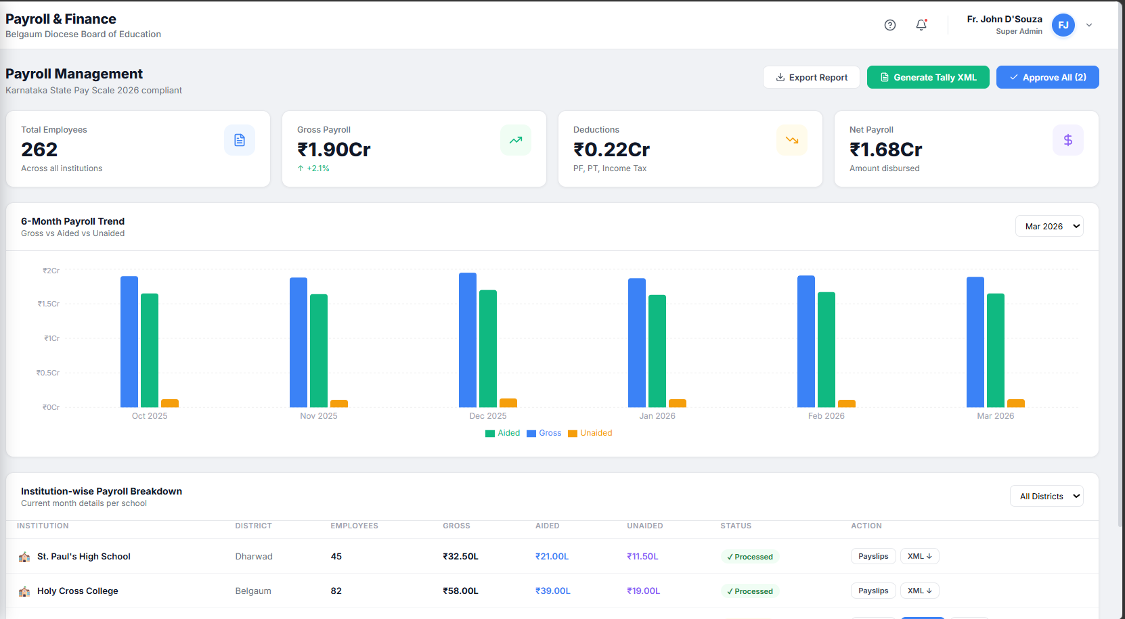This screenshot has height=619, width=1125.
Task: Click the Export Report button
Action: (811, 77)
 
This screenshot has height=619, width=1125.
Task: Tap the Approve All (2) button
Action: (1048, 77)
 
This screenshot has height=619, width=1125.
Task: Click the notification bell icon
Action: (921, 25)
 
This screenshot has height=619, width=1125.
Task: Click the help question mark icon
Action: (890, 25)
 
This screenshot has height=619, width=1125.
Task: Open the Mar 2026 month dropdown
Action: (1049, 227)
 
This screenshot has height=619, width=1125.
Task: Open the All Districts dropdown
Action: (1046, 496)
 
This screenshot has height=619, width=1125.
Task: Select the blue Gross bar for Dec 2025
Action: (468, 340)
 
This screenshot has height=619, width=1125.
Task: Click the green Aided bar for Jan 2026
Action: (657, 351)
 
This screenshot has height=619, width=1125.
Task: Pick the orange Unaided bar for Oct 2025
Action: (170, 403)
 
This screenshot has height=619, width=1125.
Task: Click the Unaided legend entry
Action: (590, 433)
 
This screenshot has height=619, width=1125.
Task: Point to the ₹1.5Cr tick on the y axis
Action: (49, 304)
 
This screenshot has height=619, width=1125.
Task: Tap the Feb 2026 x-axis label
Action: (826, 415)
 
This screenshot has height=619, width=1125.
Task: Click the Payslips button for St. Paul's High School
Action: (873, 556)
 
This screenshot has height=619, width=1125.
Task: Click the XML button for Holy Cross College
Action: (920, 591)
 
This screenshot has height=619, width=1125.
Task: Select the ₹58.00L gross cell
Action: (460, 591)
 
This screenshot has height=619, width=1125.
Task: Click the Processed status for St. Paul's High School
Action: (750, 557)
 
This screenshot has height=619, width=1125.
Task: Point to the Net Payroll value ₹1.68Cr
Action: (885, 150)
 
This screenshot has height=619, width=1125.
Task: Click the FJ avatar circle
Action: (1063, 25)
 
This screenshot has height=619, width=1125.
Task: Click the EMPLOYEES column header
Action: (354, 526)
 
